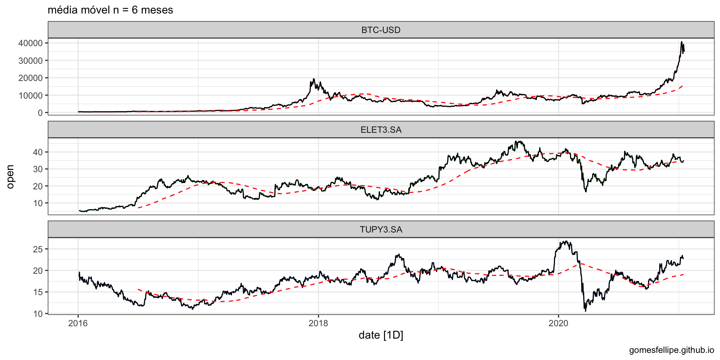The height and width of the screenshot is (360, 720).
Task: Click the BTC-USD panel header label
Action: pyautogui.click(x=381, y=30)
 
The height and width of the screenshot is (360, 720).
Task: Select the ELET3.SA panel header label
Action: pyautogui.click(x=381, y=130)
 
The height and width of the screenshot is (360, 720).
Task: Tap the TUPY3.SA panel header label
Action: pyautogui.click(x=381, y=229)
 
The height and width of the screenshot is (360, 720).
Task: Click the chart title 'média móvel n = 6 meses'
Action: pyautogui.click(x=110, y=10)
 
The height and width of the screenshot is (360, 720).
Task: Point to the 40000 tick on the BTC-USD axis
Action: pyautogui.click(x=30, y=43)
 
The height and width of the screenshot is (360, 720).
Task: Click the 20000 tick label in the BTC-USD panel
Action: pyautogui.click(x=30, y=78)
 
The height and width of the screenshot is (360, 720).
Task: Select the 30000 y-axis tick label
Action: pyautogui.click(x=30, y=61)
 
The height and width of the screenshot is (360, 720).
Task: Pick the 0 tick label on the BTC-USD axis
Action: pyautogui.click(x=40, y=113)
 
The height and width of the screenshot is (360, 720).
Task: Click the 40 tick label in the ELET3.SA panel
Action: pyautogui.click(x=38, y=152)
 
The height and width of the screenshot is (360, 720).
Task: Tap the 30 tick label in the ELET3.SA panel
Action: pyautogui.click(x=38, y=169)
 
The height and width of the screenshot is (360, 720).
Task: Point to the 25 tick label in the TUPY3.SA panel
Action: pyautogui.click(x=38, y=249)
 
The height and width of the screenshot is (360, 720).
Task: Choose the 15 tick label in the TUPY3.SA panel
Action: pyautogui.click(x=38, y=292)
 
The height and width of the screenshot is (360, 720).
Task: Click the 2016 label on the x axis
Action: pyautogui.click(x=78, y=323)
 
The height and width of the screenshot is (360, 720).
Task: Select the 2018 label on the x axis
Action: pyautogui.click(x=318, y=323)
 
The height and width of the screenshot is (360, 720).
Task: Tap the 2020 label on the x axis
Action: pyautogui.click(x=558, y=323)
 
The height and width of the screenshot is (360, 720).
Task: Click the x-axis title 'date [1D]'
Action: pyautogui.click(x=381, y=335)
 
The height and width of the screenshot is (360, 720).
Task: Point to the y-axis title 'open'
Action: pyautogui.click(x=10, y=177)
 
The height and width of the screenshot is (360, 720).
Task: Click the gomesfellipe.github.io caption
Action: pyautogui.click(x=671, y=350)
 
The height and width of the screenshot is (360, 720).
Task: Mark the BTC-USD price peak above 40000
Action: pyautogui.click(x=681, y=42)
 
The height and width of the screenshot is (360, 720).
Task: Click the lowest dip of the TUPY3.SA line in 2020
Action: pyautogui.click(x=585, y=311)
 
